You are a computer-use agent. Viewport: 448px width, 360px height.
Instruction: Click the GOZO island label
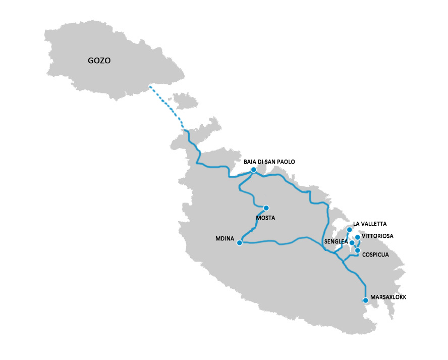(99, 61)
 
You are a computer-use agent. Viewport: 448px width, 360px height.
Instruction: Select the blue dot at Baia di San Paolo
(253, 170)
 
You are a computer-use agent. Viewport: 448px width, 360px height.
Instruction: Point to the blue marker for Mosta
(266, 208)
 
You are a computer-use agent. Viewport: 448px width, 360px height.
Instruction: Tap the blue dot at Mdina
(240, 243)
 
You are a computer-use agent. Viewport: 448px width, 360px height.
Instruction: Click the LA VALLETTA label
(370, 224)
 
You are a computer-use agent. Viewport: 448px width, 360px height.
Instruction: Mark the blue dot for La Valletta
(349, 230)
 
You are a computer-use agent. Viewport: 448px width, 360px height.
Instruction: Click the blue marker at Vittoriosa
(358, 237)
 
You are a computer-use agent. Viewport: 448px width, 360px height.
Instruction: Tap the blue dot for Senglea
(352, 243)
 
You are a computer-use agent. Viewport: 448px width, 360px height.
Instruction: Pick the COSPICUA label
(375, 255)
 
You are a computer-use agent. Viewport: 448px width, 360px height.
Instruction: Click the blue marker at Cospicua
(357, 250)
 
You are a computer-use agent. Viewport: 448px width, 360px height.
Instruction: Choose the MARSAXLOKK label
(388, 297)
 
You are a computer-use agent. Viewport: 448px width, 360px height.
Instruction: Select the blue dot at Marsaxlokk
(365, 300)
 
